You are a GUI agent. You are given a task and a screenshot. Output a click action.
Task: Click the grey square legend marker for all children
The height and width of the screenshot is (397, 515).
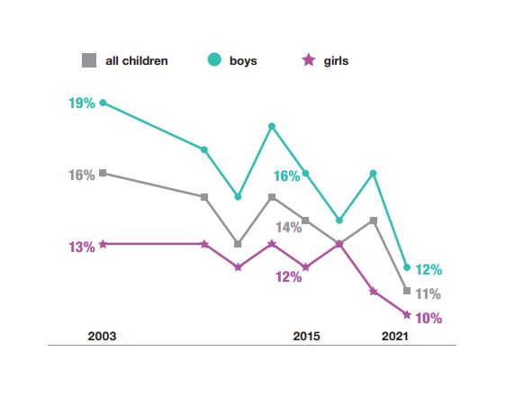coord(88,61)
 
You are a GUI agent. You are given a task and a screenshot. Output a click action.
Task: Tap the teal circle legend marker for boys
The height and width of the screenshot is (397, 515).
coord(214,60)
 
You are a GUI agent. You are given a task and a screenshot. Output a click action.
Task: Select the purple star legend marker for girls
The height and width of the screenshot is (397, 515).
coord(308,60)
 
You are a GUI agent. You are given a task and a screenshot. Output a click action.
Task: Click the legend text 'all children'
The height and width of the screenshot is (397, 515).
coord(136,61)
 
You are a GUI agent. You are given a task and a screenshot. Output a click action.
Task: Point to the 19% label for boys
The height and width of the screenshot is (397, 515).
coord(81,104)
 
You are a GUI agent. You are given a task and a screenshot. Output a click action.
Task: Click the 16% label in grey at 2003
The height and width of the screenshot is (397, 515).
coord(81,175)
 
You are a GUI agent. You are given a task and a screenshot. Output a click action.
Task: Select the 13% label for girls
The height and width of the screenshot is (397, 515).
coord(81,247)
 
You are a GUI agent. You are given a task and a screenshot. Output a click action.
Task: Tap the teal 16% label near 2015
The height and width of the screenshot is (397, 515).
coord(286,176)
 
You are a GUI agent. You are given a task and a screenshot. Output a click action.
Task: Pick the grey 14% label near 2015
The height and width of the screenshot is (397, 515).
coord(288,228)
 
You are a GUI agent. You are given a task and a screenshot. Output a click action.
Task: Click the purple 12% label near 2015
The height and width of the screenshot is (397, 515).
coord(288,277)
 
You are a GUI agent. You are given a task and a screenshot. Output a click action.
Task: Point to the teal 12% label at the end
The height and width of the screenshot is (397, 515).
coord(429,269)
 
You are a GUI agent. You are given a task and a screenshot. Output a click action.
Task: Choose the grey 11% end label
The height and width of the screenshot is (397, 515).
coord(428,293)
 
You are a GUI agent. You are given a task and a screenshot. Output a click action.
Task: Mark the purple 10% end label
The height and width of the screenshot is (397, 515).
coord(429,318)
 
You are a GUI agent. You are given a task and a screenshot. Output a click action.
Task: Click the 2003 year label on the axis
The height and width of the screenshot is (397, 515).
coord(102,336)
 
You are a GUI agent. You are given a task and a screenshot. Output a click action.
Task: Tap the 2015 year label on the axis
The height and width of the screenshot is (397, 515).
coord(306,336)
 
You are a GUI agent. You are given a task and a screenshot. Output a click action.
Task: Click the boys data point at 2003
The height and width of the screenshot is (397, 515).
coord(103,103)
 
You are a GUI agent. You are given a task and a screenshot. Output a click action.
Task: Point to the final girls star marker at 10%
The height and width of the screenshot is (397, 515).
coord(407,314)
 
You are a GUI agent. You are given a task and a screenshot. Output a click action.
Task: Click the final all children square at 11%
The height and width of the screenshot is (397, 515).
coord(407,291)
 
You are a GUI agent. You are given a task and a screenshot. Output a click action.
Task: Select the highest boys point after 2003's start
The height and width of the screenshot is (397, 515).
coord(272,126)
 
